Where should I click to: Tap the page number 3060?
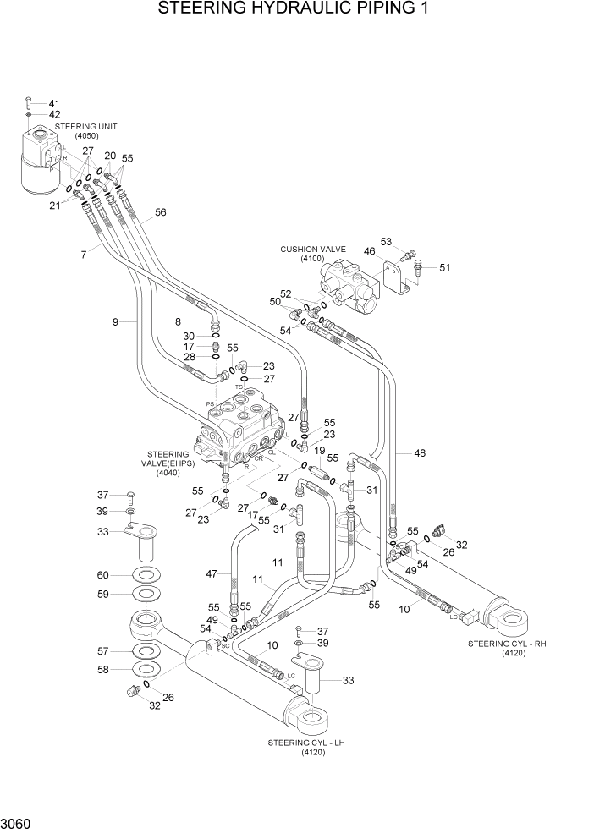[18, 821]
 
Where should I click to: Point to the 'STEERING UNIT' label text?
[86, 126]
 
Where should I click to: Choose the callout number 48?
[420, 453]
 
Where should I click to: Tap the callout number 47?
[212, 574]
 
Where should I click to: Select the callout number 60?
[102, 575]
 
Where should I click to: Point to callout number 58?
[102, 670]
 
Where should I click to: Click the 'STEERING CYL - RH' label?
[507, 644]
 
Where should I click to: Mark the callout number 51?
[445, 268]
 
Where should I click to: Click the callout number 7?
[84, 254]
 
